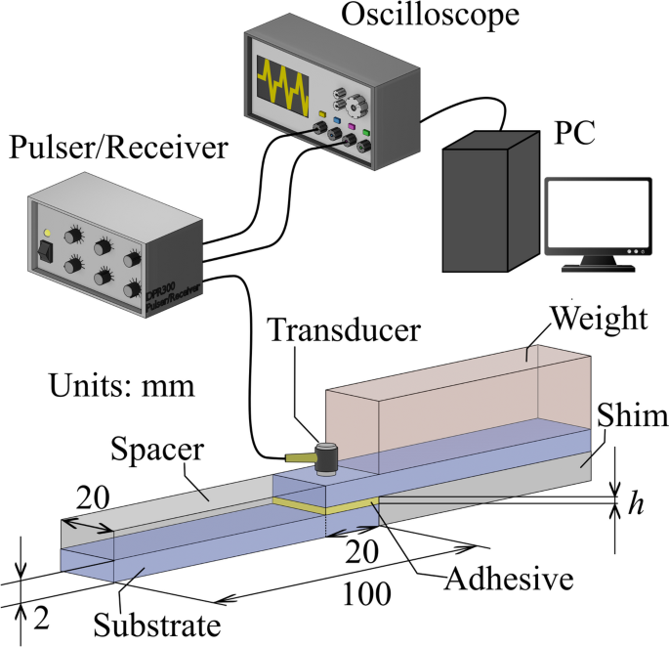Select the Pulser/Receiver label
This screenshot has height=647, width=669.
coord(117,150)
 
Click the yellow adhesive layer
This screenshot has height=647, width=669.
coord(322,506)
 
